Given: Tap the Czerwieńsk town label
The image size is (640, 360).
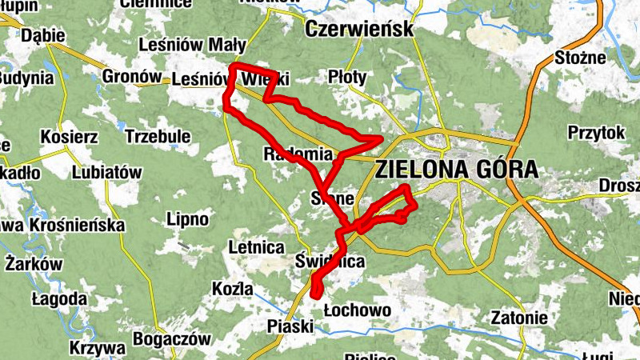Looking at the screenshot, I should (359, 30).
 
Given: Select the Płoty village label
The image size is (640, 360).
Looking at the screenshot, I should (348, 77).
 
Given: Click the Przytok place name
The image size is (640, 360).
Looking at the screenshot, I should (594, 133).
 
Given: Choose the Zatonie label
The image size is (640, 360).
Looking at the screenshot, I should (520, 318).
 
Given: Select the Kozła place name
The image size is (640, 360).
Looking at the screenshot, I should (234, 289).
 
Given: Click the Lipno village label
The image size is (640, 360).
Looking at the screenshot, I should (187, 218).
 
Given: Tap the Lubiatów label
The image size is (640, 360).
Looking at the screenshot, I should (106, 172).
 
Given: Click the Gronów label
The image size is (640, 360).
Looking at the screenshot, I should (132, 77).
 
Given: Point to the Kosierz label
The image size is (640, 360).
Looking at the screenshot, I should (69, 137).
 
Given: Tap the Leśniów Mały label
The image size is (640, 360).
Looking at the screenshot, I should (186, 45).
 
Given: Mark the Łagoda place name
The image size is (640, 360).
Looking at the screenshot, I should (59, 298).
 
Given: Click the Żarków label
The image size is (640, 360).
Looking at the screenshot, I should (34, 264).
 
